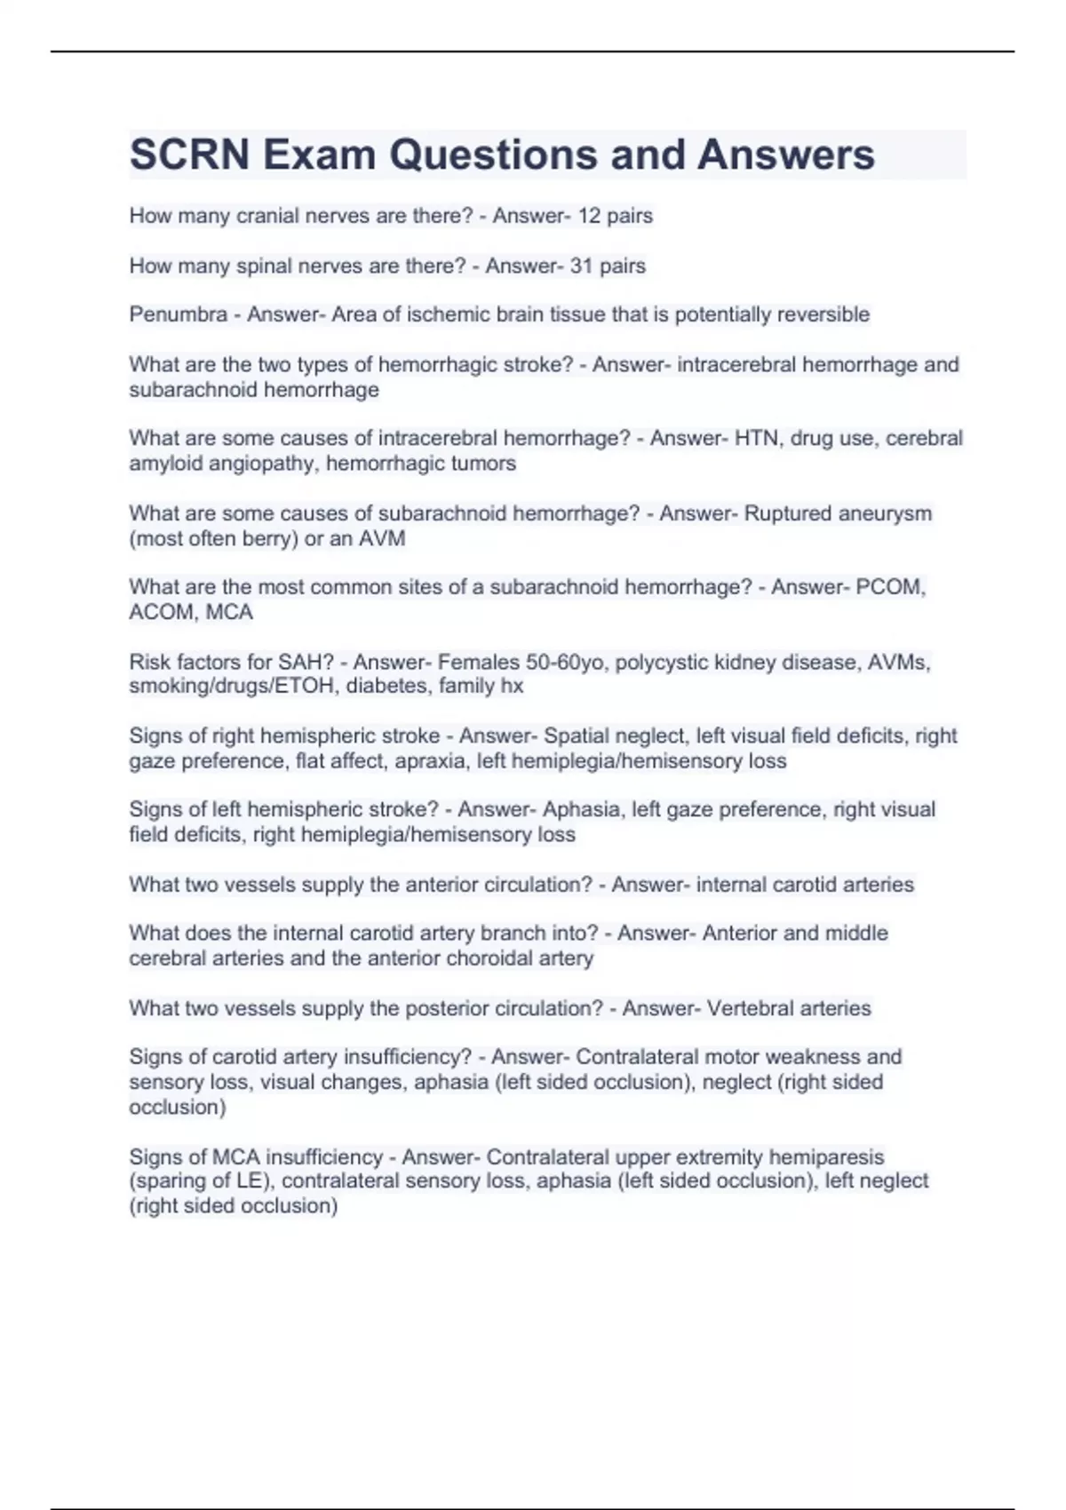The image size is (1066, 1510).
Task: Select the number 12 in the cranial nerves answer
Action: [x=589, y=216]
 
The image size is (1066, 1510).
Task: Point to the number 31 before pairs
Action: [x=582, y=266]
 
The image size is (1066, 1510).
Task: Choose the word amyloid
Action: [x=166, y=464]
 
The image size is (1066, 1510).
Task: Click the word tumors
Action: [x=485, y=464]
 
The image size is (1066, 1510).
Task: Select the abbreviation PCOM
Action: [x=890, y=587]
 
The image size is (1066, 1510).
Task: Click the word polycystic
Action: [x=661, y=662]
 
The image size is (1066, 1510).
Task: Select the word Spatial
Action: [x=577, y=735]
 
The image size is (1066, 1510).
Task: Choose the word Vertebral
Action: [x=749, y=1008]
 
